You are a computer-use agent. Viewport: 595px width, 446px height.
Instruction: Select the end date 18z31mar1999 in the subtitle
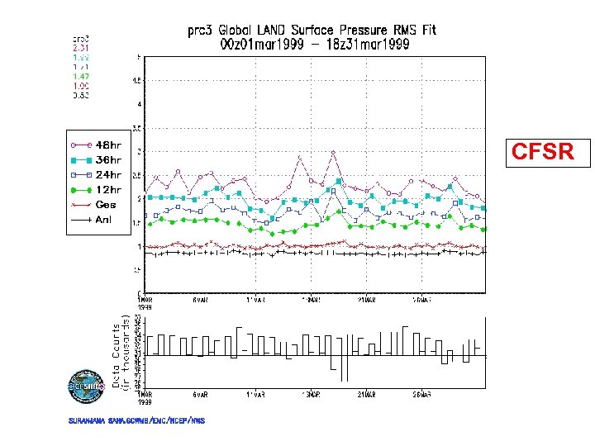coord(367,45)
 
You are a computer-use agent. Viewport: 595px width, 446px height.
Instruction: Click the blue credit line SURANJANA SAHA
coord(137,421)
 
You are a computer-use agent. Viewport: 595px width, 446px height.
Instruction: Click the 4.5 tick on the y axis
coord(137,81)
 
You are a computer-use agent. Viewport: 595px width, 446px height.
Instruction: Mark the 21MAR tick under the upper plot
coord(366,299)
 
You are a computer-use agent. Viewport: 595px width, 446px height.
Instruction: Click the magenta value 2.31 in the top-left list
coord(80,48)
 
